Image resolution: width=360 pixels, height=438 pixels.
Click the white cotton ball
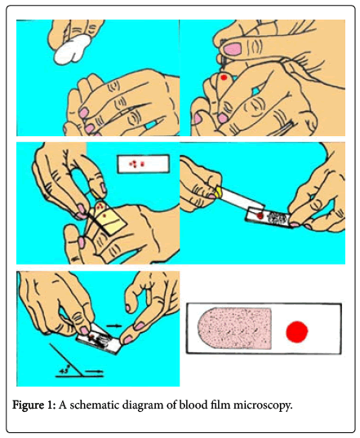[73, 50]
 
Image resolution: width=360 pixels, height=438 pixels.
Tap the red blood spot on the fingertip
[224, 77]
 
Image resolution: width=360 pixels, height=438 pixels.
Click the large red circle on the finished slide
[297, 331]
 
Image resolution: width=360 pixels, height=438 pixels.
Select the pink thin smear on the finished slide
[234, 328]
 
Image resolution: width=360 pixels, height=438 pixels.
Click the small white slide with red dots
[144, 164]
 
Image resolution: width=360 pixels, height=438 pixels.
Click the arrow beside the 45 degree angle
[94, 372]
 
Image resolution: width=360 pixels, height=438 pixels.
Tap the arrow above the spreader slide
[114, 325]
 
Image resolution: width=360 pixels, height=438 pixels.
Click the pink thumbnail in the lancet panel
[233, 49]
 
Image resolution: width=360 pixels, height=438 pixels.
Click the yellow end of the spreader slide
[219, 191]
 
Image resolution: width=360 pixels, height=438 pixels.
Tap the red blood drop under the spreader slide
[260, 215]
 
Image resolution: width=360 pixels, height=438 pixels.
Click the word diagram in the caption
[143, 405]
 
